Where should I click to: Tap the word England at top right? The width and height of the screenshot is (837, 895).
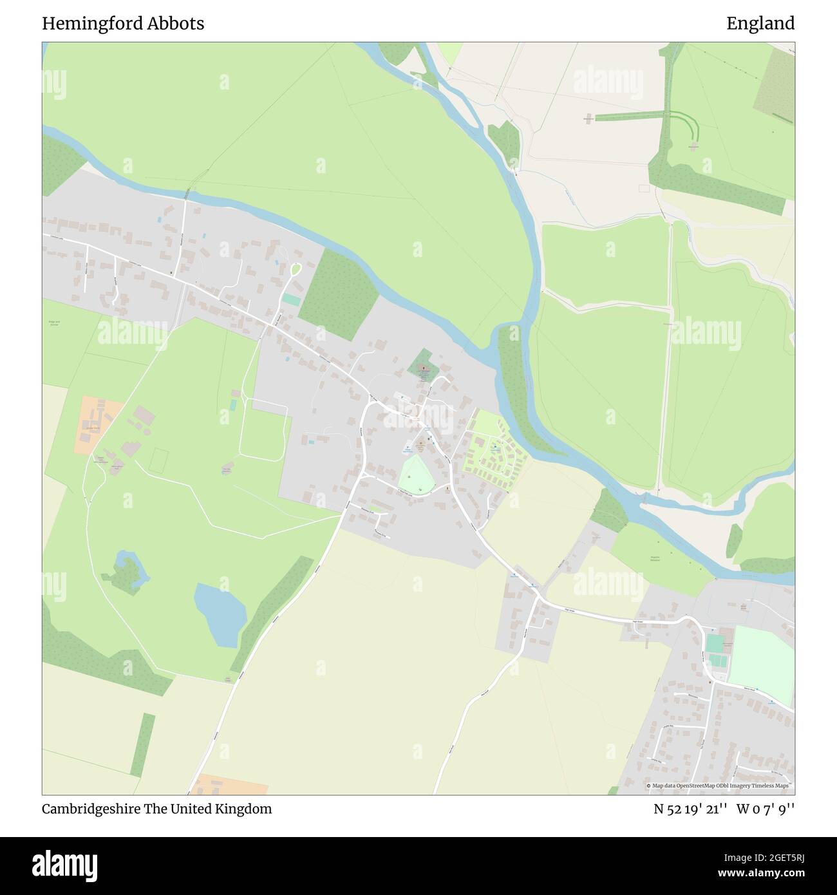tap(760, 24)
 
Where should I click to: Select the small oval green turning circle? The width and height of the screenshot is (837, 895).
tap(296, 268)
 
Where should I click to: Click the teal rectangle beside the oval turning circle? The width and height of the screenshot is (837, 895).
tap(291, 300)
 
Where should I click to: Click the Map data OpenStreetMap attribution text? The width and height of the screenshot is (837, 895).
tap(719, 786)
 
